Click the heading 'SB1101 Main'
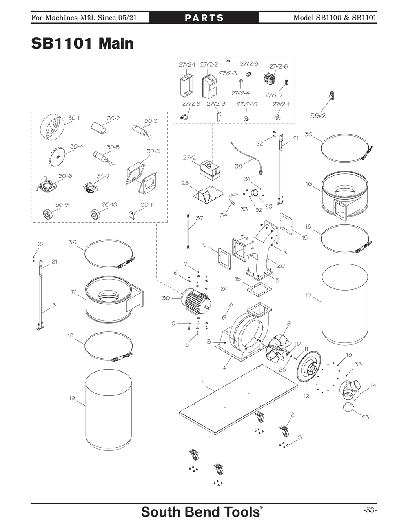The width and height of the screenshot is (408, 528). pos(82,43)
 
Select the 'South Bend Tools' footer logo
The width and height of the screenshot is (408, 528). pos(202,512)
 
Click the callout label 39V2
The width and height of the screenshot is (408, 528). pos(318,115)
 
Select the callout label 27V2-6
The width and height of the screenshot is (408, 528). pos(278,67)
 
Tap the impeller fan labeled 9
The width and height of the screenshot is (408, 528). pos(279,348)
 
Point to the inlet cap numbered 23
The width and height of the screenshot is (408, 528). pos(348,408)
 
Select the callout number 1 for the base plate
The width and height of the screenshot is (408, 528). pos(203,382)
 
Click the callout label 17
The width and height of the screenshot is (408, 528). pos(73,292)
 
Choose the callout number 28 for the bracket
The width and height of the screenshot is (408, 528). pos(185,183)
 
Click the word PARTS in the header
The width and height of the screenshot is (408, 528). pos(204,18)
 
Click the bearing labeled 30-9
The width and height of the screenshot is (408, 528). pos(48,213)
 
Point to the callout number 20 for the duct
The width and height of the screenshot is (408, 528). pos(281,266)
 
